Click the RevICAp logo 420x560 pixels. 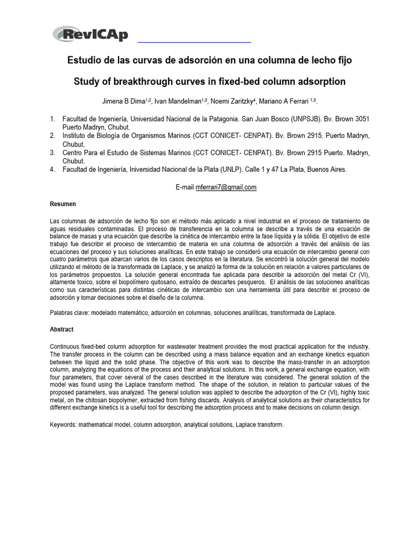(91, 34)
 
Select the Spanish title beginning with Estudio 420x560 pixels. (209, 60)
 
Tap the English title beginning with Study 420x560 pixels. (209, 81)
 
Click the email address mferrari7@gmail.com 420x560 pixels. (226, 187)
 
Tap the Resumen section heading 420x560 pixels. (63, 204)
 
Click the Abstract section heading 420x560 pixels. (62, 330)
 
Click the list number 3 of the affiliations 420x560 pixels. (52, 153)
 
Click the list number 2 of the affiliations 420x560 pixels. (52, 136)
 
